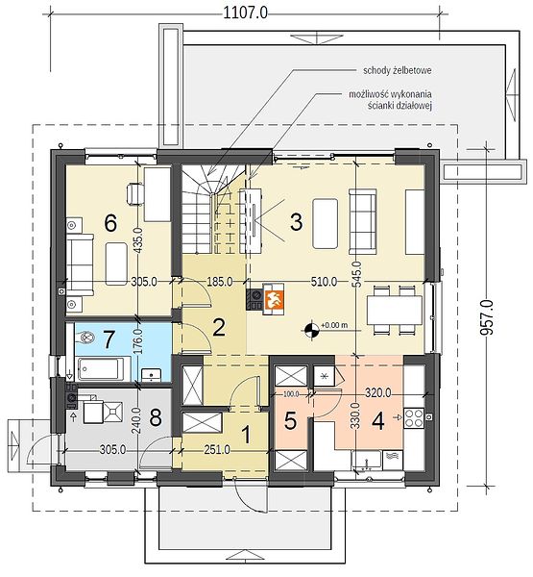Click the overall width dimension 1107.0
coord(245,13)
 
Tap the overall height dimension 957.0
coord(487,317)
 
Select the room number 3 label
coord(297,222)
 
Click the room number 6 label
coord(110,223)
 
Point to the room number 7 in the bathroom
coord(109,339)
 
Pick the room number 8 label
coord(156,418)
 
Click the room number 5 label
coord(290,420)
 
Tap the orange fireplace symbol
coord(274,299)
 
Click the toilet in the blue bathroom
coord(86,337)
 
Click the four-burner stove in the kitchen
coord(414,418)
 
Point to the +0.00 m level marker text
coord(334,325)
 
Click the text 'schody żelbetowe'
coord(397,70)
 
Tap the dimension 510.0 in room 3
coord(324,282)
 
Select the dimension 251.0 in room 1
coord(217,449)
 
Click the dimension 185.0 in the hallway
coord(219,282)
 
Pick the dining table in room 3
coord(395,310)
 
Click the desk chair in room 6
coord(134,193)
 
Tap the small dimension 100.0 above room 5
coord(291,394)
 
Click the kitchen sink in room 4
coord(366,460)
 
